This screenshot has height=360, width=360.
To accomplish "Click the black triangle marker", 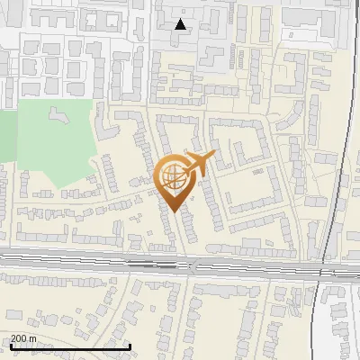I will [x=181, y=24].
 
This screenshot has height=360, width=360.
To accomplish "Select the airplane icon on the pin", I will [x=199, y=163].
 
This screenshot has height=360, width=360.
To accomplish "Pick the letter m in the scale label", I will [x=33, y=338].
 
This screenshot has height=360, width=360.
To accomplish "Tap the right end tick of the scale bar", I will [x=130, y=346].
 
